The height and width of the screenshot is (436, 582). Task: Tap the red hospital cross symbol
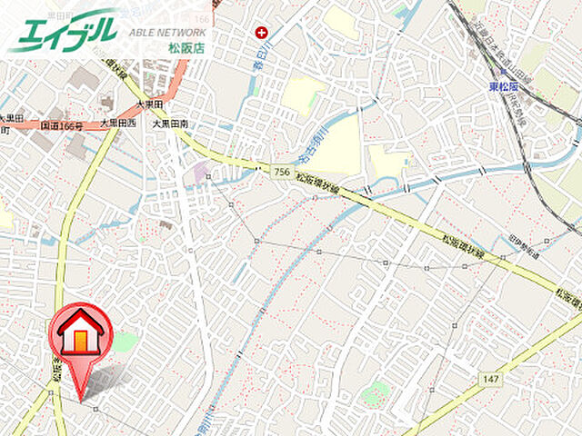(x=262, y=33)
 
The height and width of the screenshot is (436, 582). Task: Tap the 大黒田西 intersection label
(x=117, y=122)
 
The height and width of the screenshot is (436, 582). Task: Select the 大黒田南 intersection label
(x=170, y=122)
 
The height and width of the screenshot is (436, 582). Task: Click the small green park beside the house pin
(x=125, y=342)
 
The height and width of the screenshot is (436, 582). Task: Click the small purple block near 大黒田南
(x=199, y=172)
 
